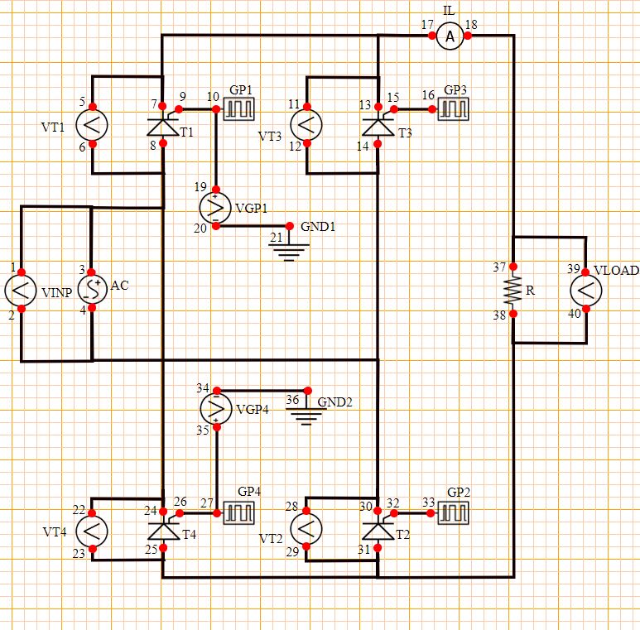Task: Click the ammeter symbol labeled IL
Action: pyautogui.click(x=450, y=36)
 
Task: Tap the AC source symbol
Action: pyautogui.click(x=92, y=290)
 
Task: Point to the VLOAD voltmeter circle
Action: pyautogui.click(x=585, y=291)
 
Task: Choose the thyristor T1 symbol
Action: pyautogui.click(x=162, y=126)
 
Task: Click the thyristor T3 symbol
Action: pyautogui.click(x=378, y=126)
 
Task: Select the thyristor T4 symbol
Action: pyautogui.click(x=162, y=530)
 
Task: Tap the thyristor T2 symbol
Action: pyautogui.click(x=378, y=530)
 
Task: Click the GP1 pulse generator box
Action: pyautogui.click(x=241, y=109)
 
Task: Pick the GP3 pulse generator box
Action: pyautogui.click(x=454, y=108)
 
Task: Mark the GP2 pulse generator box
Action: pyautogui.click(x=454, y=513)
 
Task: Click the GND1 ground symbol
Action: pyautogui.click(x=289, y=248)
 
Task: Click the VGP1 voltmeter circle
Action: pyautogui.click(x=215, y=206)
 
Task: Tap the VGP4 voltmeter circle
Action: pyautogui.click(x=215, y=408)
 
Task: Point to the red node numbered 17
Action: pyautogui.click(x=432, y=36)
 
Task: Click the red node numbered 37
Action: pyautogui.click(x=512, y=267)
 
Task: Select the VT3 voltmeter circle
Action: pyautogui.click(x=306, y=126)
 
